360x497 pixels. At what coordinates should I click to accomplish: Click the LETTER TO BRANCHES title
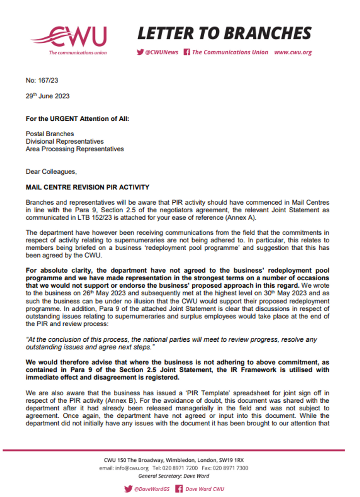pyautogui.click(x=224, y=33)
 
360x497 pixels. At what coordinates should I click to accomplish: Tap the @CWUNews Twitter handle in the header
pyautogui.click(x=158, y=52)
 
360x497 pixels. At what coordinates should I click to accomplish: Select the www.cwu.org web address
pyautogui.click(x=293, y=52)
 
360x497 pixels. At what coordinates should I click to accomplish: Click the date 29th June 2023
pyautogui.click(x=48, y=96)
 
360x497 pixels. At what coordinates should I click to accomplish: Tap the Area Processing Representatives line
pyautogui.click(x=75, y=149)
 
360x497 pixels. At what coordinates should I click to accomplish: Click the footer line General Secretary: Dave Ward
pyautogui.click(x=174, y=476)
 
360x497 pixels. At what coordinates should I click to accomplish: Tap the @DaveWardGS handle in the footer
pyautogui.click(x=151, y=489)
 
